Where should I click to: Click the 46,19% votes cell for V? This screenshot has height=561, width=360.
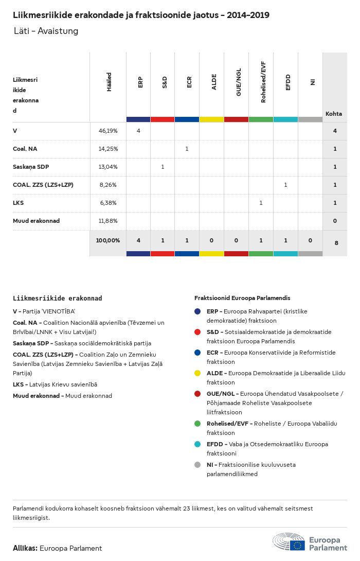[x=108, y=131]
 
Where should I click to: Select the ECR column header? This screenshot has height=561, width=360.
[x=189, y=82]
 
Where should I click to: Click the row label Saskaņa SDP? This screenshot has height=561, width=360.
[x=31, y=167]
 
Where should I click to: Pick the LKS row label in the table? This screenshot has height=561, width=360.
[x=19, y=203]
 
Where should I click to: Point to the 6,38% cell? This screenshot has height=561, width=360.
[x=109, y=203]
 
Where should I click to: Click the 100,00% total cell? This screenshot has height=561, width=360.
[x=108, y=240]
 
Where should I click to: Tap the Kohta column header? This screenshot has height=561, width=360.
[x=334, y=114]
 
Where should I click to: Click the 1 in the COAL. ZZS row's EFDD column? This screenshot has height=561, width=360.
[x=285, y=185]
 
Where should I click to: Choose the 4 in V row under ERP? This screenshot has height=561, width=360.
[x=138, y=131]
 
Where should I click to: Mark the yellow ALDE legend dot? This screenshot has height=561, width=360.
[x=197, y=373]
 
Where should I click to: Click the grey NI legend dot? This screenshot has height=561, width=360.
[x=197, y=465]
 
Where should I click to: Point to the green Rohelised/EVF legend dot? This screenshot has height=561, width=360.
[x=197, y=424]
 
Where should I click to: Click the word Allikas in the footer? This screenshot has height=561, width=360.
[x=25, y=548]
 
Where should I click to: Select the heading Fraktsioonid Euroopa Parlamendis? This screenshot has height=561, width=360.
[x=242, y=298]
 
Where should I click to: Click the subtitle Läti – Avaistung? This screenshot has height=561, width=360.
[x=46, y=31]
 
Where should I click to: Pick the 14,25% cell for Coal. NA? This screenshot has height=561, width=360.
[x=108, y=149]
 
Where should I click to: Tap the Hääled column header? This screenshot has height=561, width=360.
[x=109, y=82]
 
